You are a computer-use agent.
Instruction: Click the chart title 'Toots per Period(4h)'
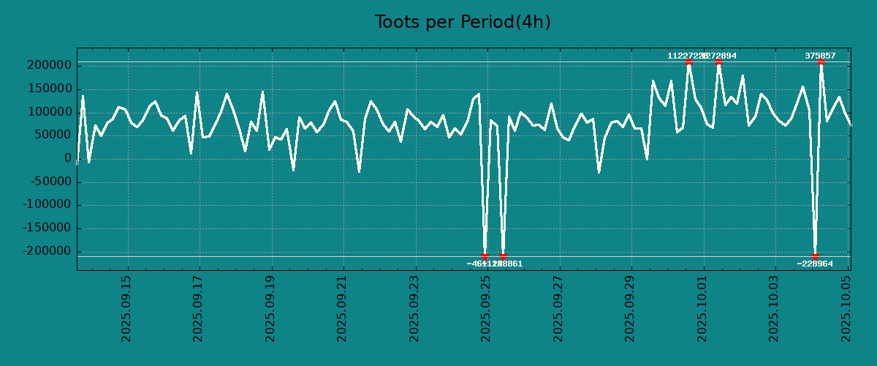click(462, 23)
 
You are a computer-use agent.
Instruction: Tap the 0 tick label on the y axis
click(67, 159)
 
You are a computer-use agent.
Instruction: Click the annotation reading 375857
click(820, 56)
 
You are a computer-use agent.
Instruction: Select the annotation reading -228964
click(815, 264)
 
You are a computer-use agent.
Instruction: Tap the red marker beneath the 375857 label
click(821, 62)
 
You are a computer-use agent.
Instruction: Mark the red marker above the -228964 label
click(815, 256)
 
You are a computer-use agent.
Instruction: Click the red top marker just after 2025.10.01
click(718, 62)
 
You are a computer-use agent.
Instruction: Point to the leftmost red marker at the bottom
click(485, 256)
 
